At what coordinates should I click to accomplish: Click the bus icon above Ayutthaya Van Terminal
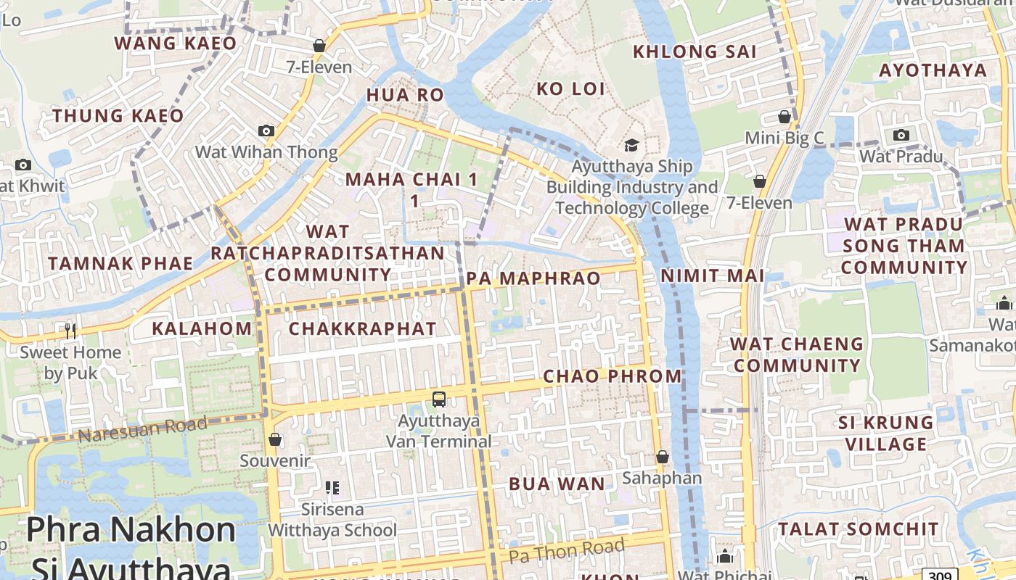[x=439, y=399]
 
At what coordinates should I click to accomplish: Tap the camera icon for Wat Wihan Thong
[x=266, y=130]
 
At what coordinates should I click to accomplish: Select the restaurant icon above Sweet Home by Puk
[x=70, y=331]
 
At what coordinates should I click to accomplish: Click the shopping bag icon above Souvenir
[x=275, y=439]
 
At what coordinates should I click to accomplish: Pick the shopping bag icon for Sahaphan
[x=662, y=457]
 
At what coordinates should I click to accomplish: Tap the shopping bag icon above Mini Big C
[x=784, y=117]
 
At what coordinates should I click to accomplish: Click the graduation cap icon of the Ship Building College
[x=631, y=145]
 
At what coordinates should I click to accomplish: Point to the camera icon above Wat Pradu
[x=901, y=135]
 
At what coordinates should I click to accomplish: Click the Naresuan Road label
[x=142, y=429]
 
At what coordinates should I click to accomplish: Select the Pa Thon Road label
[x=566, y=551]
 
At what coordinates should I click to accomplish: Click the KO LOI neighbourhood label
[x=570, y=89]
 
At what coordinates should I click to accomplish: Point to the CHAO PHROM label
[x=613, y=376]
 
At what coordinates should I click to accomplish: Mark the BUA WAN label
[x=557, y=484]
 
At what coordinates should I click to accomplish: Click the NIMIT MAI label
[x=712, y=275]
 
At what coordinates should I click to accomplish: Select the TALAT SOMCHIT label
[x=859, y=529]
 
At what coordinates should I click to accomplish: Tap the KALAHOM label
[x=202, y=328]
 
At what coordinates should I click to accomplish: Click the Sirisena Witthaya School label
[x=332, y=520]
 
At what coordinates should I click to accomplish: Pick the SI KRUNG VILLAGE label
[x=885, y=433]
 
